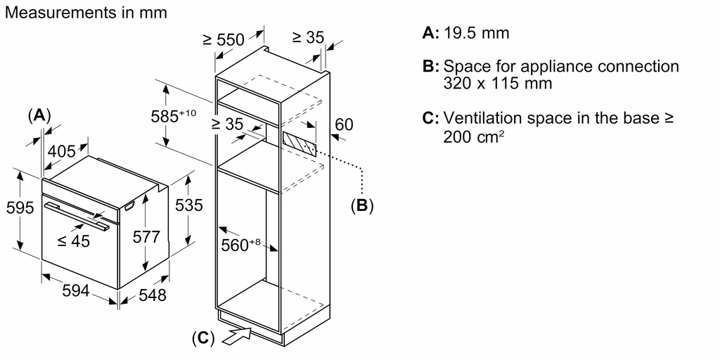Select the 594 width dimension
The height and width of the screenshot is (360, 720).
point(75,290)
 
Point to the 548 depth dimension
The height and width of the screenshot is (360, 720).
point(152,295)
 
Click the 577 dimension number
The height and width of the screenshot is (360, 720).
point(147,238)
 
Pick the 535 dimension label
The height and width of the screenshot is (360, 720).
point(189,205)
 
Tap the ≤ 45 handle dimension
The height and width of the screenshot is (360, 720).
point(74,241)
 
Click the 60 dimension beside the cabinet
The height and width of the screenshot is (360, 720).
point(344,125)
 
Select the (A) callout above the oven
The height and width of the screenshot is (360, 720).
point(39,115)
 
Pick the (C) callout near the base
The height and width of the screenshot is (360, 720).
point(202,338)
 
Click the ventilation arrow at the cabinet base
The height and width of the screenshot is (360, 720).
point(237,336)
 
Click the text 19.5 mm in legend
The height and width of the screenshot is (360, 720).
point(477,33)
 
